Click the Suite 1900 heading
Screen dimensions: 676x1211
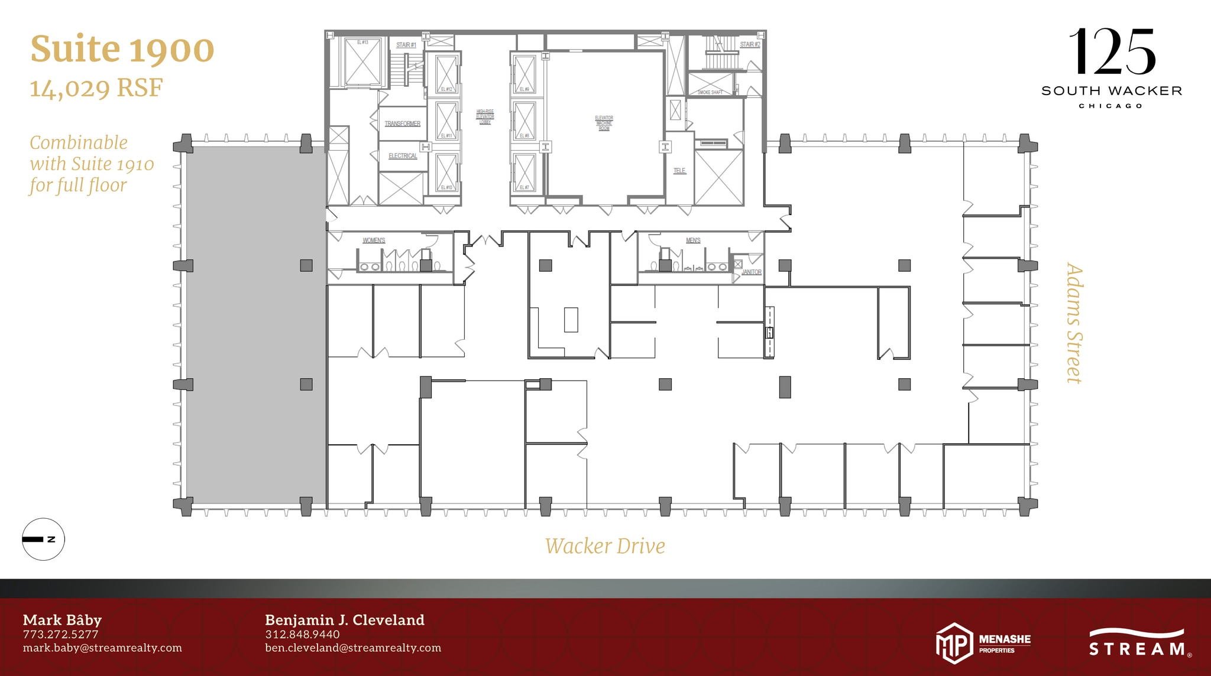click(x=122, y=50)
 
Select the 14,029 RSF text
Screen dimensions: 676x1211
click(x=96, y=89)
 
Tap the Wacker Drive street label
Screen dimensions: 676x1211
click(x=605, y=546)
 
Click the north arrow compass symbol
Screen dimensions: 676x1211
click(x=43, y=539)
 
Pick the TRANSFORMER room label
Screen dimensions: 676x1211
click(x=402, y=123)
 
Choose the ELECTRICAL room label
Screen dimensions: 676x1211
click(x=402, y=156)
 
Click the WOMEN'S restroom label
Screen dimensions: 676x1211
click(x=374, y=240)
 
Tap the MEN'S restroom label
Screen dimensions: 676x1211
click(x=693, y=240)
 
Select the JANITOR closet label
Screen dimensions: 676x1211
click(x=752, y=272)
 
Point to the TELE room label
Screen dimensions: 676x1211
click(x=679, y=171)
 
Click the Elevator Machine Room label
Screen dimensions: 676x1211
click(x=604, y=123)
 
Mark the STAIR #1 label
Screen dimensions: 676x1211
click(x=406, y=45)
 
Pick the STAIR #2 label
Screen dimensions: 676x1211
click(x=750, y=44)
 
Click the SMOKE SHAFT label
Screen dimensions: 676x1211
click(x=710, y=92)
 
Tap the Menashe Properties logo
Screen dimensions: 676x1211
click(x=983, y=643)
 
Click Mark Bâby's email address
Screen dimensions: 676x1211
click(x=102, y=648)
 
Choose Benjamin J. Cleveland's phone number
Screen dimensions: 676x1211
click(x=302, y=634)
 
